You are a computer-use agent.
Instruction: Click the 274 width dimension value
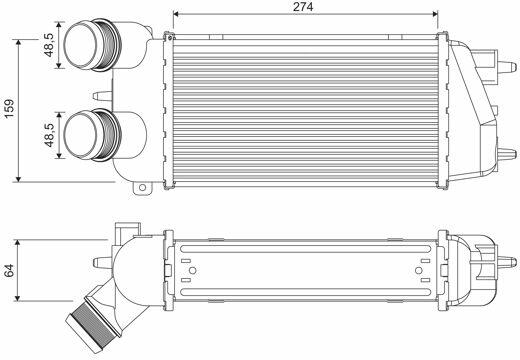point(303,7)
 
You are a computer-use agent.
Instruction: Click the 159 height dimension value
point(9,108)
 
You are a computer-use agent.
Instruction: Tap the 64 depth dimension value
point(9,270)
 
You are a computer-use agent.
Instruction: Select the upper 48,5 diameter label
point(49,45)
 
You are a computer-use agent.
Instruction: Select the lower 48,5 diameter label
point(49,135)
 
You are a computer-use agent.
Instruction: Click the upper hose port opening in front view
point(80,45)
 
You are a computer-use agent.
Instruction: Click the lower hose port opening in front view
point(80,134)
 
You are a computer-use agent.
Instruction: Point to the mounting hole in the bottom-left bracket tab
point(142,187)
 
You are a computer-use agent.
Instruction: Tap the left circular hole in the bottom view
point(192,270)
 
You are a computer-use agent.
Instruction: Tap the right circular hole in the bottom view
point(419,270)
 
